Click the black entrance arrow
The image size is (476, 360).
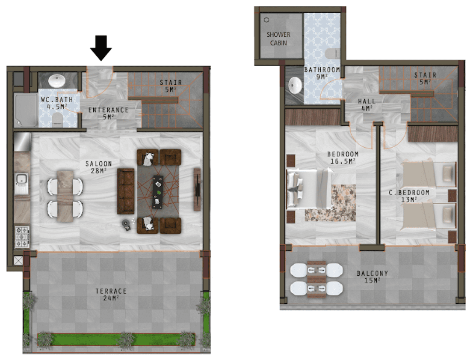(101, 48)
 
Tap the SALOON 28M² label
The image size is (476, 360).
(99, 167)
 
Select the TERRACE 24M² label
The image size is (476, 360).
(111, 295)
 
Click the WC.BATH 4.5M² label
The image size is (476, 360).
(57, 103)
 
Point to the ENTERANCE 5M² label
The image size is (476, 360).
(108, 113)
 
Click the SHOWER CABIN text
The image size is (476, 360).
(278, 39)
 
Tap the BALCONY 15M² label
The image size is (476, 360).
(372, 277)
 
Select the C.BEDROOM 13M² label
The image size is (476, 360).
(409, 196)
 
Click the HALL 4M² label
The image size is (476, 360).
(367, 104)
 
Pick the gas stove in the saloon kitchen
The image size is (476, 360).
(22, 237)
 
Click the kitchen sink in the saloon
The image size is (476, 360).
(22, 184)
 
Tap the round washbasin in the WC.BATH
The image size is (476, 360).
(57, 81)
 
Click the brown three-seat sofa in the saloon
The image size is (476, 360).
(126, 191)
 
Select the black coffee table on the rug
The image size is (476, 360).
(157, 192)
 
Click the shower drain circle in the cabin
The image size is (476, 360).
(266, 20)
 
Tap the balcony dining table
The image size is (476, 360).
(316, 279)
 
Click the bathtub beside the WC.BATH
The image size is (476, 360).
(26, 110)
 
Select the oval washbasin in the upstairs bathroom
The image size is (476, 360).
(295, 85)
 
